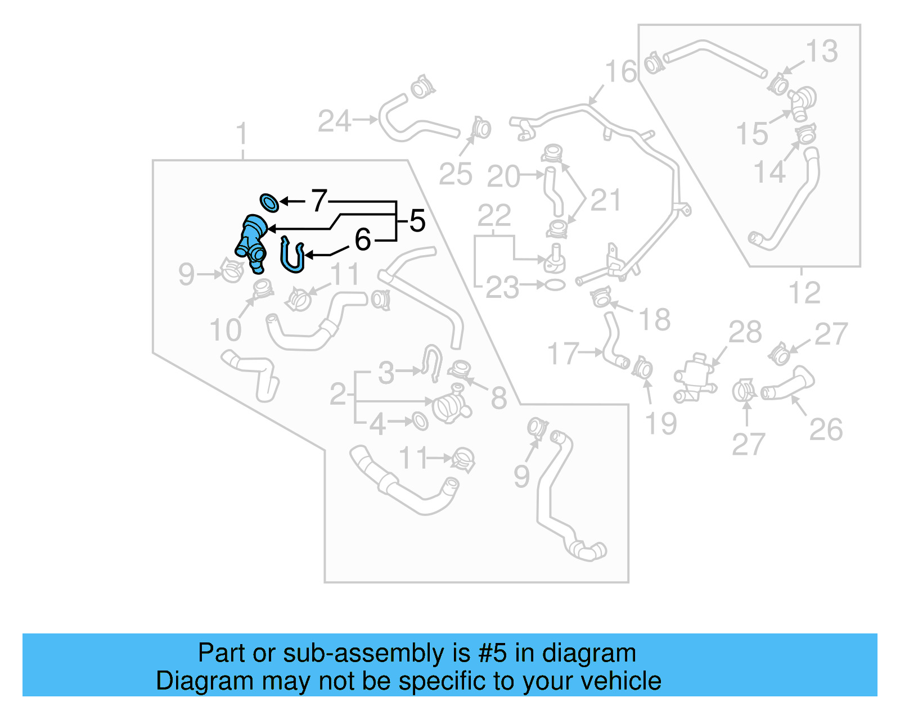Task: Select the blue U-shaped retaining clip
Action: [x=292, y=256]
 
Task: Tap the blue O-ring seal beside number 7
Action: [x=269, y=202]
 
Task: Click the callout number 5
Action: [x=417, y=220]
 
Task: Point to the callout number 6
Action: [x=363, y=240]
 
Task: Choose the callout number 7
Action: [x=319, y=201]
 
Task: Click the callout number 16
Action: [x=620, y=72]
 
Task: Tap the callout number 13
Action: [x=822, y=52]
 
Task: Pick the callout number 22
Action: [x=494, y=215]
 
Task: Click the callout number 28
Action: [x=745, y=332]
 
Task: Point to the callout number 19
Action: [x=660, y=424]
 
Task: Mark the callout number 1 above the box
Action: [x=242, y=135]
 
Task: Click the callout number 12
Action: [x=804, y=293]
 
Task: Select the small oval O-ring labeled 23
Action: [x=555, y=285]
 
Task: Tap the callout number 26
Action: [x=826, y=430]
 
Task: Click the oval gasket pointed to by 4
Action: [x=420, y=420]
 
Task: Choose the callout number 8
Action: [x=499, y=398]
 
